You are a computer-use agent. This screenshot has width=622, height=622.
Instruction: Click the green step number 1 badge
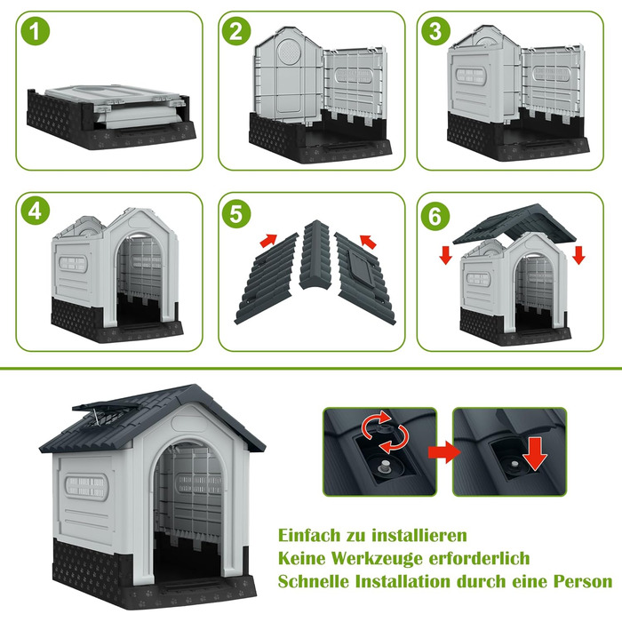(36, 31)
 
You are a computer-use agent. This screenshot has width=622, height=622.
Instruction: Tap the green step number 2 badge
(236, 31)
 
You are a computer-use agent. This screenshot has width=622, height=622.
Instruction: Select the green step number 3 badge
(435, 31)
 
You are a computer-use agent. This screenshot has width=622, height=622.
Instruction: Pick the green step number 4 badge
(36, 211)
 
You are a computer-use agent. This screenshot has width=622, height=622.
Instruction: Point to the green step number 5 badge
(236, 214)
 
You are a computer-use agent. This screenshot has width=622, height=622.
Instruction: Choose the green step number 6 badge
(435, 216)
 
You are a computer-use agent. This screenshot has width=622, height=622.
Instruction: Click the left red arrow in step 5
(268, 240)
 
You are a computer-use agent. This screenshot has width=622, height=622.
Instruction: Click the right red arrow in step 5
(368, 241)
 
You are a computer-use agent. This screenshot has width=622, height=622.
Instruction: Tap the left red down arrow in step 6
(445, 255)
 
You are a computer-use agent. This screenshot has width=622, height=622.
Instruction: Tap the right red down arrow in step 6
(578, 255)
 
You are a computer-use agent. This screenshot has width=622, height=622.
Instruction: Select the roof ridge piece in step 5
(315, 255)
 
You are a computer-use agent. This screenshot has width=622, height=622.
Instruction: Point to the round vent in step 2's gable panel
(290, 52)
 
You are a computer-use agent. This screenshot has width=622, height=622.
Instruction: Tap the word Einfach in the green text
(309, 535)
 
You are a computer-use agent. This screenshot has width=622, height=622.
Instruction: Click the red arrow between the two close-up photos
(444, 451)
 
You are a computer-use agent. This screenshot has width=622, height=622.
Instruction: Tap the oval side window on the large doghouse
(86, 487)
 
